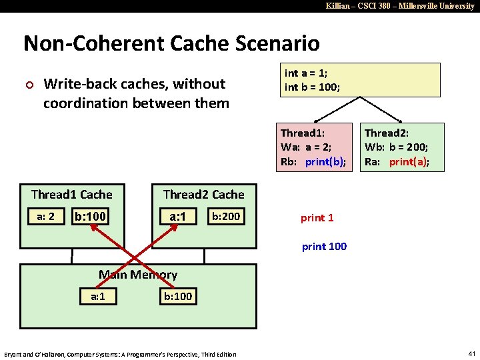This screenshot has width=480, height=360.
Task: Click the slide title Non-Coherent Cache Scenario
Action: tap(171, 44)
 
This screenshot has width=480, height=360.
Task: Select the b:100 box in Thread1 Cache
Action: tap(91, 217)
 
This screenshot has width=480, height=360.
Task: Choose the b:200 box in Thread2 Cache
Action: tap(225, 216)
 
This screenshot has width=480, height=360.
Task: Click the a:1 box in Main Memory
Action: tap(97, 296)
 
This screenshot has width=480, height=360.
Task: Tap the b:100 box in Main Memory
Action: tap(178, 296)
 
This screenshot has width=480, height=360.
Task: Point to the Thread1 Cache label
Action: tap(71, 195)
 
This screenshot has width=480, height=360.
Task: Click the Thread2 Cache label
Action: tap(203, 195)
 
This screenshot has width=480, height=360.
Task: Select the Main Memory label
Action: tap(138, 274)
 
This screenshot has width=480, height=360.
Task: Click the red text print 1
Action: tap(317, 217)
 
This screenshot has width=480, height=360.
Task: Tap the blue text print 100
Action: tap(324, 247)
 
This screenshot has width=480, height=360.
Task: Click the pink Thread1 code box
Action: tap(313, 146)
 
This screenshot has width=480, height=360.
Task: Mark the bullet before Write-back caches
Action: tap(28, 84)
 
